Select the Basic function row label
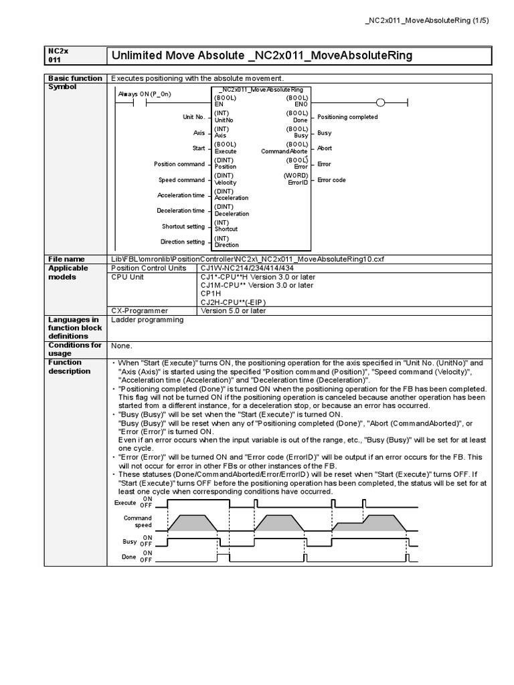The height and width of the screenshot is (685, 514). [x=74, y=78]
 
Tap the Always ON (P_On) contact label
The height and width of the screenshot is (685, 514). [x=144, y=94]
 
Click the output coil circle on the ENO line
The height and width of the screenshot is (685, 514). [x=381, y=102]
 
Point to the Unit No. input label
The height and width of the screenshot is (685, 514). [x=193, y=117]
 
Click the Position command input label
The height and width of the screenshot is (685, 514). [x=179, y=164]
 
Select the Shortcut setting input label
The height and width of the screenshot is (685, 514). [x=183, y=226]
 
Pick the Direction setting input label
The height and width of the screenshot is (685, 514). [x=183, y=242]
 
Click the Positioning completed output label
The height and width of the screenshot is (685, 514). [x=347, y=117]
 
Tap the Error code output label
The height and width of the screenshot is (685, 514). [x=331, y=180]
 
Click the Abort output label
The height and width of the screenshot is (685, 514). [x=325, y=149]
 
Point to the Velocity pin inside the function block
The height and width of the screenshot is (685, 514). [x=226, y=183]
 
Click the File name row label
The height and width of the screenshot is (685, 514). [x=66, y=259]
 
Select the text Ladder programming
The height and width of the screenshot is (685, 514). [x=147, y=320]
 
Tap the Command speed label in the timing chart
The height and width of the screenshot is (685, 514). [x=138, y=522]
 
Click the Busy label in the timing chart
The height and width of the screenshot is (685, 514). [x=130, y=541]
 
